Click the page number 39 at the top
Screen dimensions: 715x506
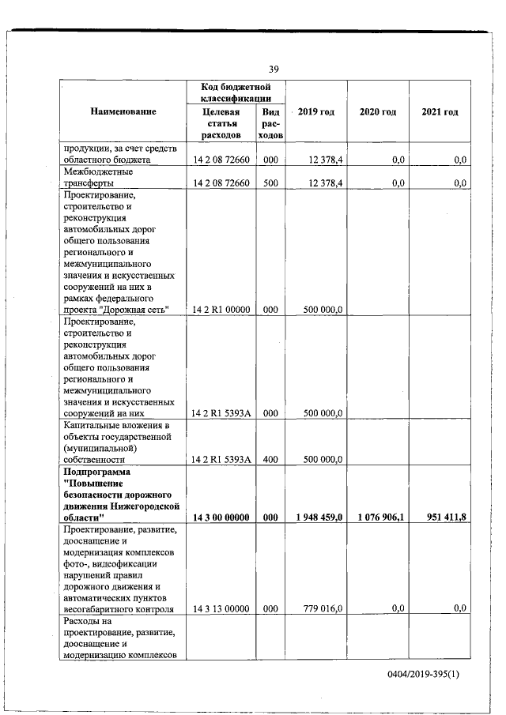pyautogui.click(x=273, y=69)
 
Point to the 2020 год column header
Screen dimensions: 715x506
pyautogui.click(x=377, y=112)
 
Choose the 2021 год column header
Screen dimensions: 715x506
pyautogui.click(x=440, y=112)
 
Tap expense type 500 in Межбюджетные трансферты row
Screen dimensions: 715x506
pyautogui.click(x=270, y=183)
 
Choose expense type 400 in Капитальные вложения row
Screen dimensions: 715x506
pyautogui.click(x=270, y=459)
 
